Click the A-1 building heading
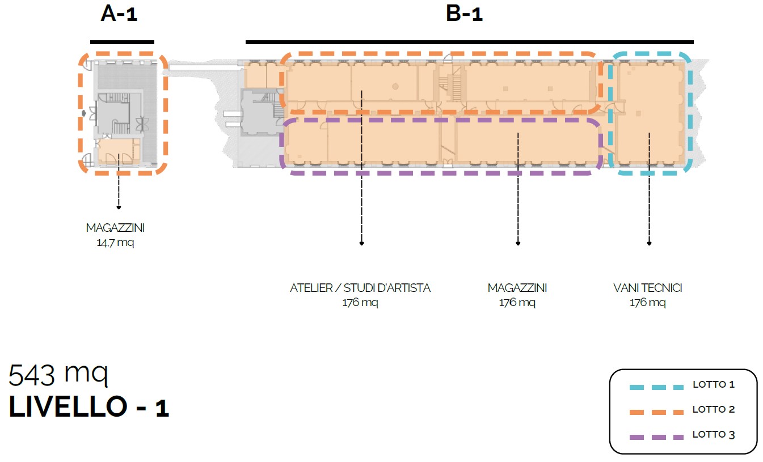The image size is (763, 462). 119,14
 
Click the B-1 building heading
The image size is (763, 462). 464,14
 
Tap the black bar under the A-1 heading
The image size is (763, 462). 122,41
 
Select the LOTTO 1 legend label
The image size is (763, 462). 713,385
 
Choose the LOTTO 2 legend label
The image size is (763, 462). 713,410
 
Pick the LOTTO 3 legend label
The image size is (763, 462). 713,435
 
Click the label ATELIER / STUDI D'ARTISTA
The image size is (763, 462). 360,288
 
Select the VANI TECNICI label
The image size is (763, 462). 647,288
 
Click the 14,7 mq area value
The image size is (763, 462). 115,243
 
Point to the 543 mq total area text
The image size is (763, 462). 58,375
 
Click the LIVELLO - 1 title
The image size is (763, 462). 89,408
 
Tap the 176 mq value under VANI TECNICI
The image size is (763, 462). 647,303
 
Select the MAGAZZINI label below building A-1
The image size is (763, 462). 115,228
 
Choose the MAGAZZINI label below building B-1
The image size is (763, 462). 517,288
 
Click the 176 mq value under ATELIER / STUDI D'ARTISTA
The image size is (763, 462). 360,303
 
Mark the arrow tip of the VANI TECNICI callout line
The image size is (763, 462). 649,244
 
